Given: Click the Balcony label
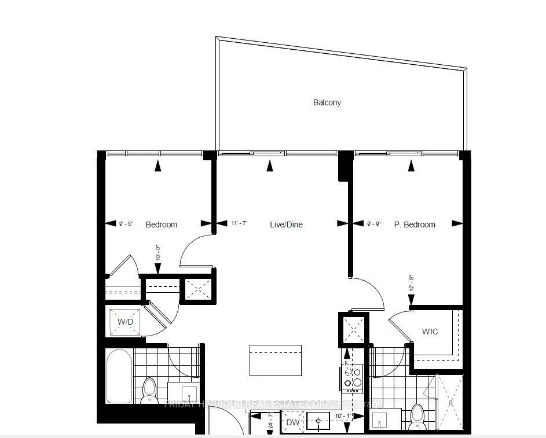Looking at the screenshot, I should [x=327, y=102].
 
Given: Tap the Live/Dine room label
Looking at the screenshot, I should [x=287, y=224].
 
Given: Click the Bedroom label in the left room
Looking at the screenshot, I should [x=161, y=224].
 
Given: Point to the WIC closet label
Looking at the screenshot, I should [x=430, y=332].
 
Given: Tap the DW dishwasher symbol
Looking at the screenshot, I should [x=292, y=423].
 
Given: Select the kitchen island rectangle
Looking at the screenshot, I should [x=276, y=360].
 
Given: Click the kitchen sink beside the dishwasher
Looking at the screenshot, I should [x=318, y=422].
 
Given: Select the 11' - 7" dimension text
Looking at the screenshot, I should [x=240, y=224].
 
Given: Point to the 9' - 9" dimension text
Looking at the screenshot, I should [x=375, y=224].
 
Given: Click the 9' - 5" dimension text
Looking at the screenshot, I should [x=126, y=224].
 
